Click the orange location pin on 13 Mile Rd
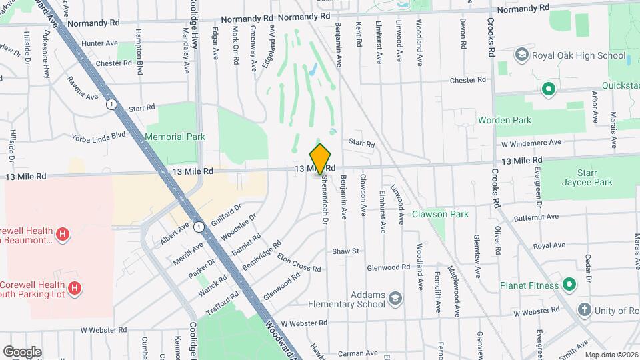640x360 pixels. pyautogui.click(x=321, y=158)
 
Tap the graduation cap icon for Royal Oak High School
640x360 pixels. pyautogui.click(x=521, y=55)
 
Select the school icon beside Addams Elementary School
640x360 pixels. pyautogui.click(x=395, y=297)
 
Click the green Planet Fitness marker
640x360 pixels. pyautogui.click(x=569, y=285)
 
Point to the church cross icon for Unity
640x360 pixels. pyautogui.click(x=584, y=309)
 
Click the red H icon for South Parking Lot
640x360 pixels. pyautogui.click(x=75, y=288)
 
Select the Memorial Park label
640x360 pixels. pyautogui.click(x=174, y=137)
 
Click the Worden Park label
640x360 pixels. pyautogui.click(x=505, y=120)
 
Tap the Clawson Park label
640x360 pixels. pyautogui.click(x=440, y=214)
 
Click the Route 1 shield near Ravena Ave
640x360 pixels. pyautogui.click(x=111, y=104)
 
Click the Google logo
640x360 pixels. pyautogui.click(x=22, y=351)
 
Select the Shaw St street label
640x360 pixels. pyautogui.click(x=346, y=251)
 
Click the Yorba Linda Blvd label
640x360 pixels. pyautogui.click(x=99, y=135)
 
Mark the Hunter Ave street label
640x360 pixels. pyautogui.click(x=99, y=43)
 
